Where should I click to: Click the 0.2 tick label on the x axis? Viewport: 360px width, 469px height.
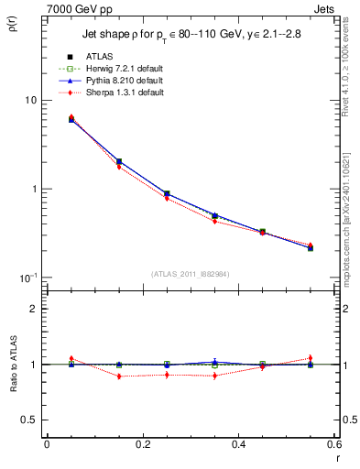click(x=142, y=444)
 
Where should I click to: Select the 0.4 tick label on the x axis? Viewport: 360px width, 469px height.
click(x=238, y=444)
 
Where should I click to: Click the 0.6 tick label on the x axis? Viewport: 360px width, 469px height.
click(x=334, y=444)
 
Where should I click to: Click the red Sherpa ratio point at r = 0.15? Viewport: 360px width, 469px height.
click(x=118, y=376)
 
